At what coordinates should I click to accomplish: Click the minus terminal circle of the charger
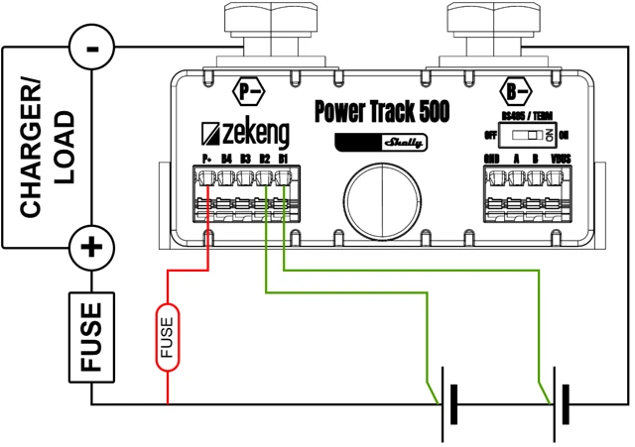92,46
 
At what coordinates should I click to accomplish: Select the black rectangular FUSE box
91,337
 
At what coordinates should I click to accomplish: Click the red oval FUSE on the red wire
167,337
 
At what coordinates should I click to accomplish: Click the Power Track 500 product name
381,111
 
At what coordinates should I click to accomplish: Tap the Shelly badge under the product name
381,142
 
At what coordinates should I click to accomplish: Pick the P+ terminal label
207,159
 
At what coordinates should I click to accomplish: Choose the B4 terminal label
226,159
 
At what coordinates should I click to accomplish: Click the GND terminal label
491,159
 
